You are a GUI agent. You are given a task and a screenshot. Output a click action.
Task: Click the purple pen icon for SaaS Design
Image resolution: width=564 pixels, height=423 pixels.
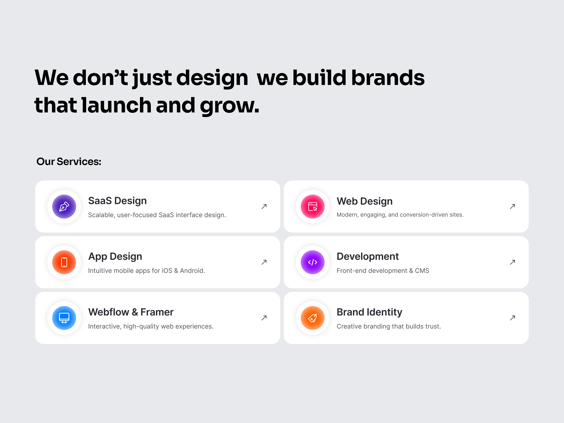64,207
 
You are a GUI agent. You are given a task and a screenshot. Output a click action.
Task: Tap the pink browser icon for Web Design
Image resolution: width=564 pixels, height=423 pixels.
313,207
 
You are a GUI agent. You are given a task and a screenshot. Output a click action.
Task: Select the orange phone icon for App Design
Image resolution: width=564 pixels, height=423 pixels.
64,262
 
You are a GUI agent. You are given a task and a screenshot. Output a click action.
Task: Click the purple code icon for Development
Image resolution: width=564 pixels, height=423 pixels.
313,262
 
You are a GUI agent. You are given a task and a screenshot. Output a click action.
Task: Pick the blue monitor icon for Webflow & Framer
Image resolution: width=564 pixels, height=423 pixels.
64,318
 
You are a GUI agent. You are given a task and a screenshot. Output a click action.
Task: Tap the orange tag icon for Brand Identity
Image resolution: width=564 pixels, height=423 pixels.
313,318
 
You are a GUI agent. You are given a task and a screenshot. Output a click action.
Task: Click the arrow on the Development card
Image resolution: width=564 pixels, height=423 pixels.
513,262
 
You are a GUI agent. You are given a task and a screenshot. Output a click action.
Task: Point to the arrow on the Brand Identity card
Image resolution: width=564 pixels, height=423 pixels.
513,318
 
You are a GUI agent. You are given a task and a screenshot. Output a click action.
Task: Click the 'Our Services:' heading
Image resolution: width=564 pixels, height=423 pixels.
69,162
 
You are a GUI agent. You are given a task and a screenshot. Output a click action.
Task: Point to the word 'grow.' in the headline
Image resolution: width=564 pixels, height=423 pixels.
229,106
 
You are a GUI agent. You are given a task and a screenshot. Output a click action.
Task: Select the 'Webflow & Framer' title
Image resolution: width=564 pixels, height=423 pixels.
131,312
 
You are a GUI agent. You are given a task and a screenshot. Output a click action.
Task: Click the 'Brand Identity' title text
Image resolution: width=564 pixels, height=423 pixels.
369,312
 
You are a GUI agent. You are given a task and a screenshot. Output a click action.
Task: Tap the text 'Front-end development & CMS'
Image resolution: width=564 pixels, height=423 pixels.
383,271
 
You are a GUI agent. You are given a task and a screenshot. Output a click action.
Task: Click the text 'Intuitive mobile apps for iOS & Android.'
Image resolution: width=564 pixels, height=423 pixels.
146,271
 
